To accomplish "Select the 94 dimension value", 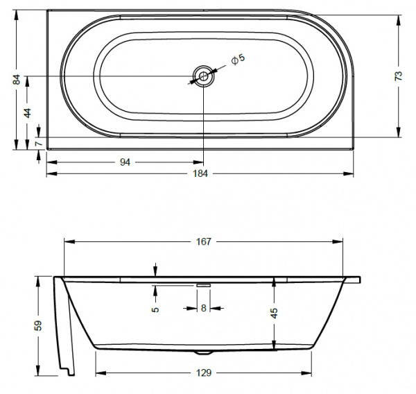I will [x=125, y=162].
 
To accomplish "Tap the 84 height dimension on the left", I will [x=17, y=80].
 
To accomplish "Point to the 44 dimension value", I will [x=28, y=112].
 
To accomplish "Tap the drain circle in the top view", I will [x=203, y=76].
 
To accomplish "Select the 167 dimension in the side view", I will [x=204, y=241].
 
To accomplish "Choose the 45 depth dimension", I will [x=274, y=313].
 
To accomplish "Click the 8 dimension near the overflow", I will [x=203, y=308].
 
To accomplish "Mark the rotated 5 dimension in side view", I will [x=156, y=309].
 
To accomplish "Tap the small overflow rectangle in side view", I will [x=203, y=283].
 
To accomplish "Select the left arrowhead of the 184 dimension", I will [x=49, y=173].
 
